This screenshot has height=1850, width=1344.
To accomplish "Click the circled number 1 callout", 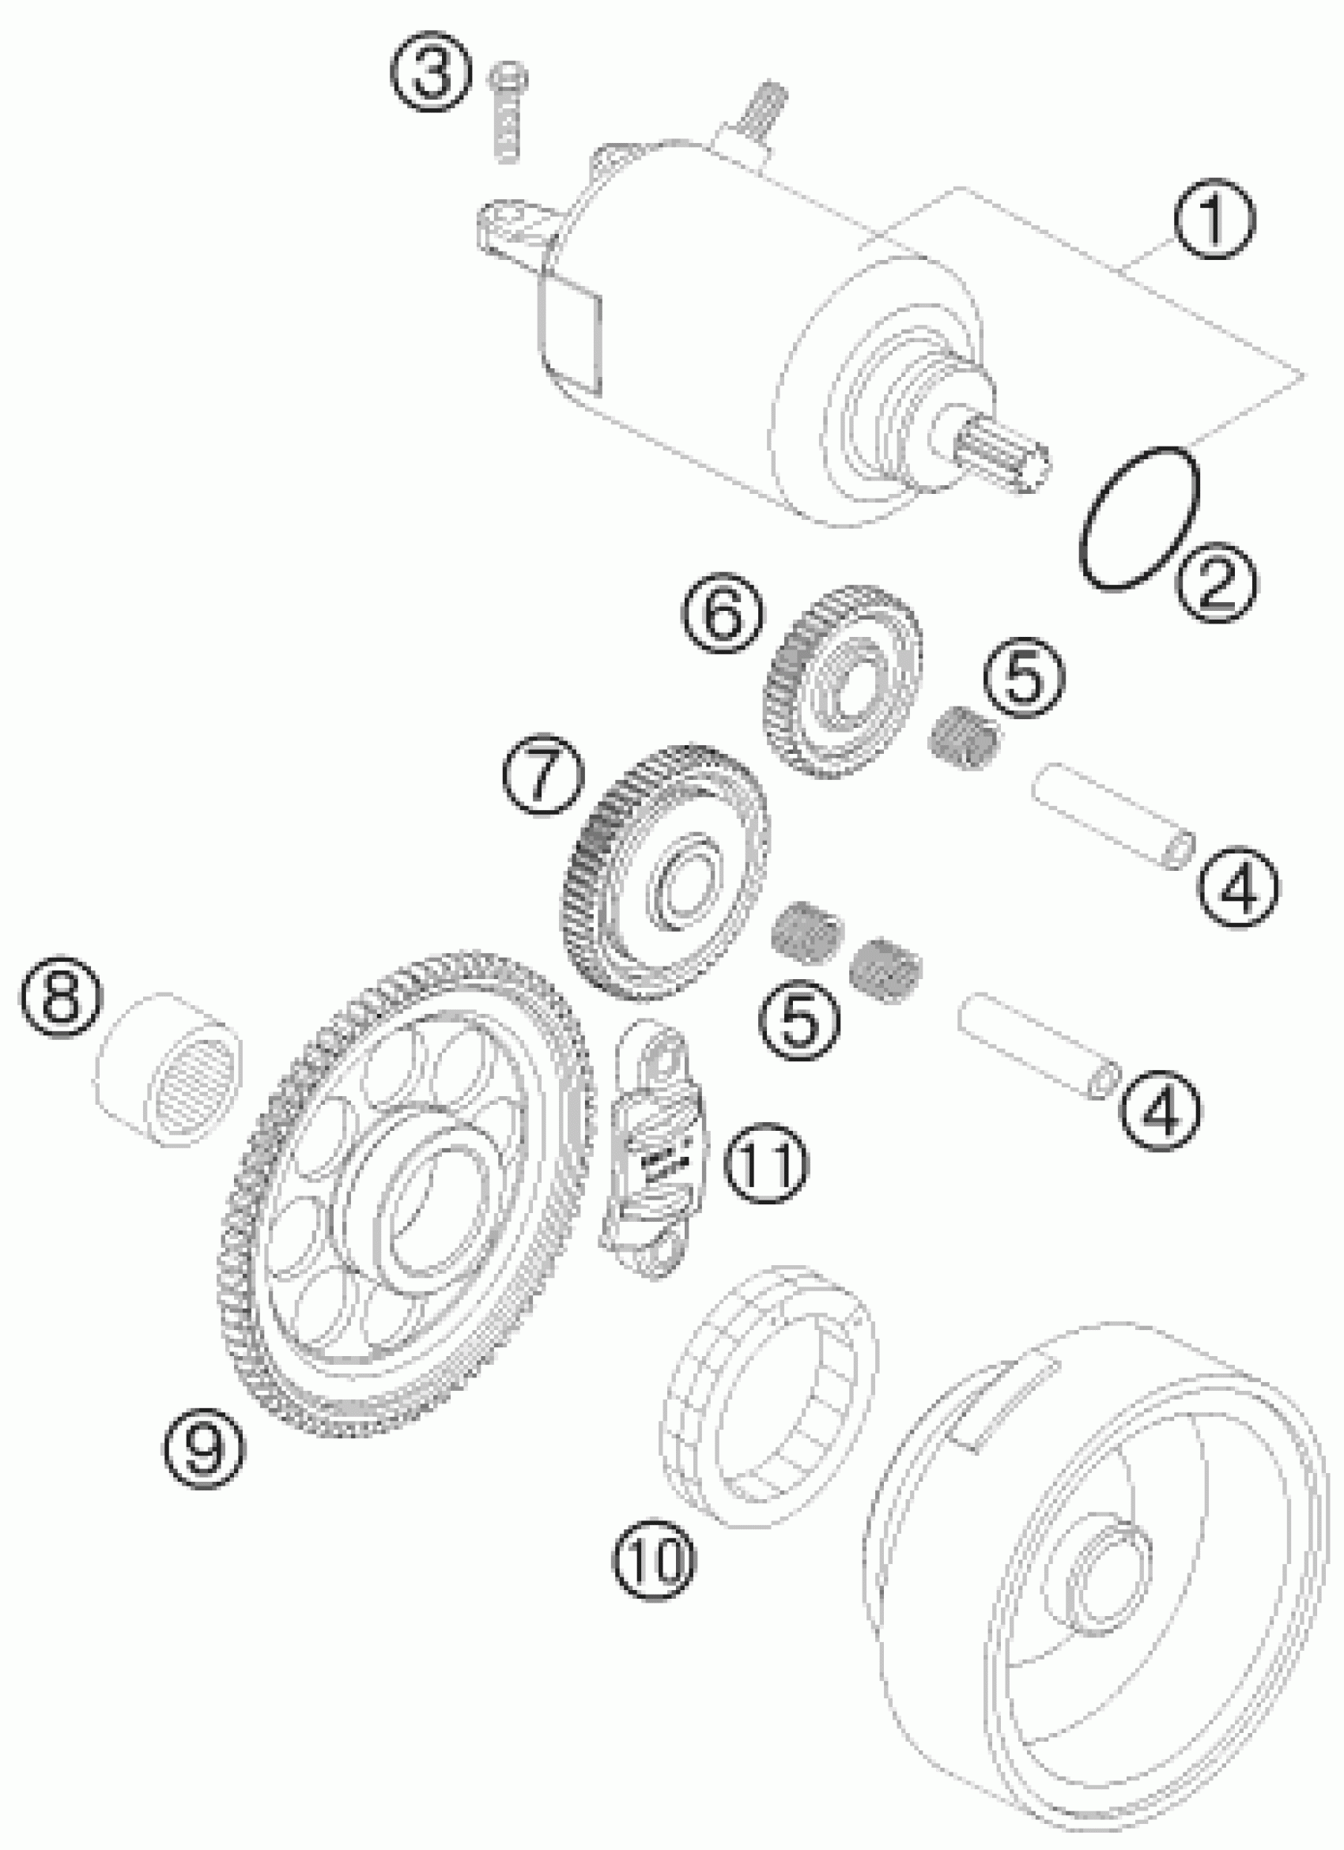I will point(1214,220).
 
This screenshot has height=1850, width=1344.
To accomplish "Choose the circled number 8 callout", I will point(62,996).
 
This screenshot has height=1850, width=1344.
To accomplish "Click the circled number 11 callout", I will point(768,1162).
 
